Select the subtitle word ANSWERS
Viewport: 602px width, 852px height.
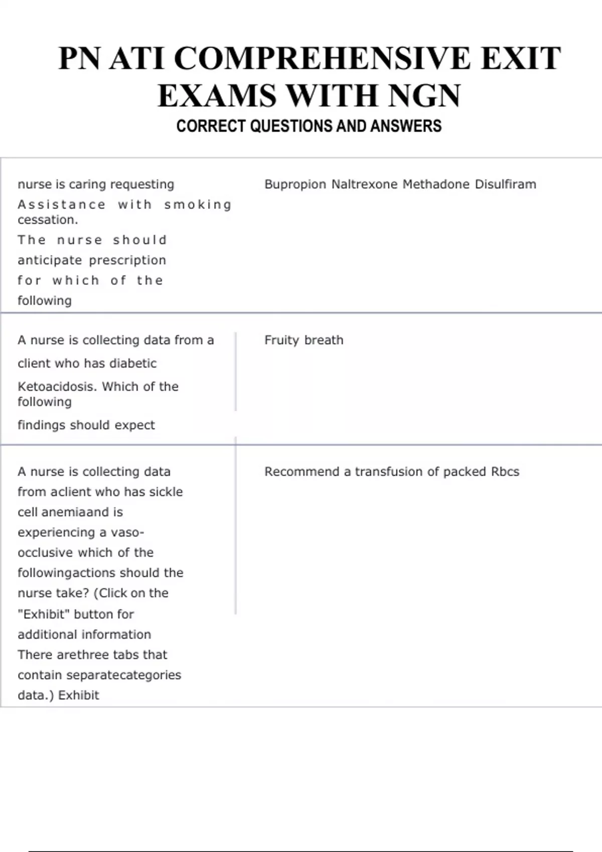[x=406, y=126]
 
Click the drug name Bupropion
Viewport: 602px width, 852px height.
[x=295, y=184]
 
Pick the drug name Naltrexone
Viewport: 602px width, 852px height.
[x=364, y=184]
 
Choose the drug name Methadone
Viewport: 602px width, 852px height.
[x=436, y=184]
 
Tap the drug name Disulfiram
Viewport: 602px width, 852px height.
[x=505, y=184]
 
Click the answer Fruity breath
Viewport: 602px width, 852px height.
[x=304, y=340]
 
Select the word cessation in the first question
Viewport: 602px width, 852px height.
[x=47, y=220]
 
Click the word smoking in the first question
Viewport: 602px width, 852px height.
[x=198, y=205]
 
